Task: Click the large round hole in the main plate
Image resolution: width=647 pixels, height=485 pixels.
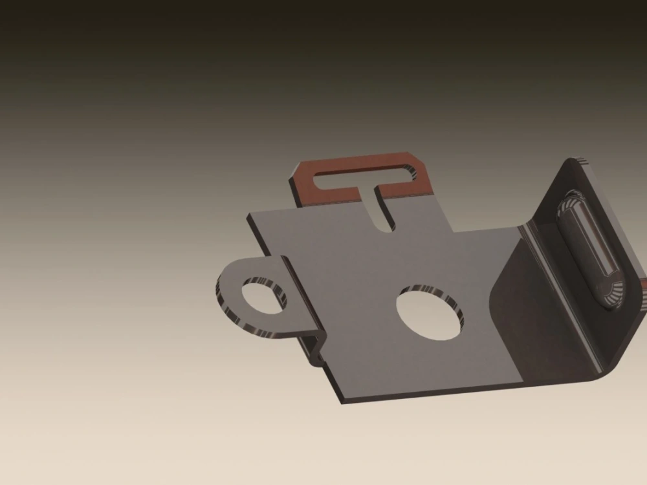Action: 430,314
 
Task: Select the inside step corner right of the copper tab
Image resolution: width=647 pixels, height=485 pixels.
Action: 454,230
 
